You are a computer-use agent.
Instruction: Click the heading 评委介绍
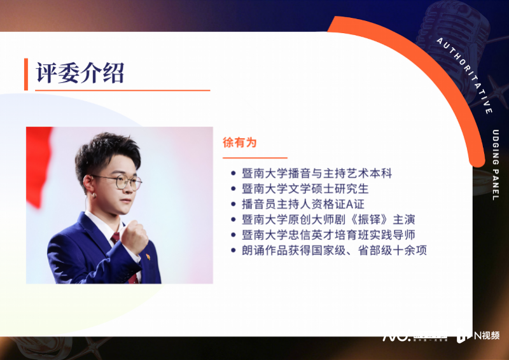[80, 73]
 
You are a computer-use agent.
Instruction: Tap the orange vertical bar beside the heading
[26, 74]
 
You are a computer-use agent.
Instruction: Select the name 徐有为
[239, 142]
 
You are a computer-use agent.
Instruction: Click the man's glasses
[120, 183]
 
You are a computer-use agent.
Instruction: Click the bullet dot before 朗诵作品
[234, 251]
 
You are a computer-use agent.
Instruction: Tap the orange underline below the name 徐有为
[254, 157]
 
